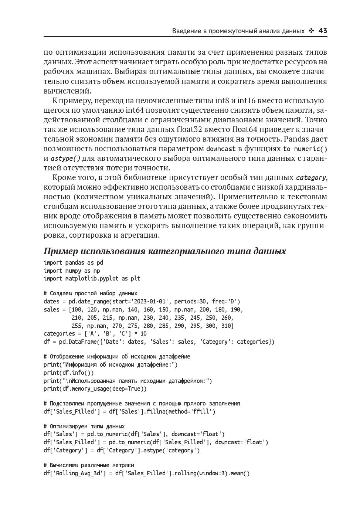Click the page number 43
(x=323, y=31)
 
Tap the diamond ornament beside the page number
(x=311, y=31)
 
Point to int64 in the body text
(x=136, y=110)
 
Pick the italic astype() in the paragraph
(x=65, y=159)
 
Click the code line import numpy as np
(x=72, y=271)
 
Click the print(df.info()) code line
(x=69, y=373)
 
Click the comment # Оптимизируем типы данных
(x=84, y=426)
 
